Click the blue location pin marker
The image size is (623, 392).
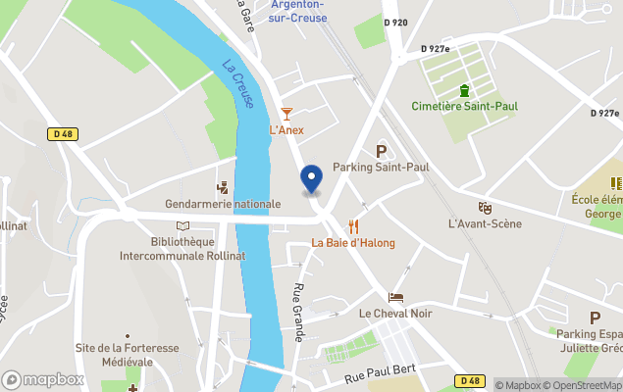[x=311, y=179]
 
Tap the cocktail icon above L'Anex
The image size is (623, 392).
[x=286, y=114]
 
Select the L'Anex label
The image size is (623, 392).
[x=286, y=130]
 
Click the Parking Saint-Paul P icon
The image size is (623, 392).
[x=381, y=151]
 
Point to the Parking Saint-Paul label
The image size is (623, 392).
[x=381, y=168]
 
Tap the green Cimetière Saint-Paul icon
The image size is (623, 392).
[x=465, y=90]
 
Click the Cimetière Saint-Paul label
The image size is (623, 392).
[x=465, y=106]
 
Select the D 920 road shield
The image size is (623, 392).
[x=395, y=22]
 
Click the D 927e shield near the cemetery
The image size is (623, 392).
[x=435, y=48]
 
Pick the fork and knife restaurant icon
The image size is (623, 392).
[x=353, y=225]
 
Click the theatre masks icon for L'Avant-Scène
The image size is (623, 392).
[x=484, y=208]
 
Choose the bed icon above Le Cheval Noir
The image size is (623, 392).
[x=395, y=297]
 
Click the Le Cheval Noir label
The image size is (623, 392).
[x=395, y=314]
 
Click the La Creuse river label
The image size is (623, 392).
[x=236, y=85]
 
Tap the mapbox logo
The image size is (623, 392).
[x=43, y=379]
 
